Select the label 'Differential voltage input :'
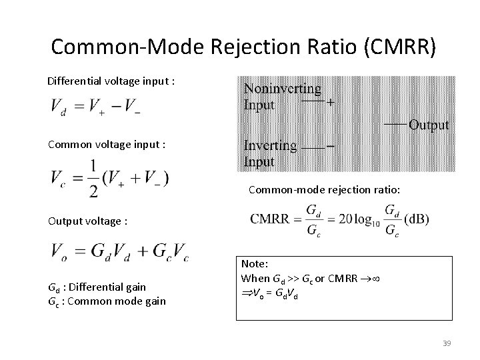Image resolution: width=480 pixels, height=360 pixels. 111,81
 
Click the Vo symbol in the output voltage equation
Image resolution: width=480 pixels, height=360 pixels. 59,252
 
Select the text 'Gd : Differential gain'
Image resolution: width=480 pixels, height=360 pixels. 97,287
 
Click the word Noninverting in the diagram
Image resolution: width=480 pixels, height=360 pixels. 283,89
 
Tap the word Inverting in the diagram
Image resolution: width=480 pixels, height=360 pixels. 270,146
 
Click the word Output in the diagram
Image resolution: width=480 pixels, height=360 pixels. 429,125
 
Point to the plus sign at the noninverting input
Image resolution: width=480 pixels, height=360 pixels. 331,103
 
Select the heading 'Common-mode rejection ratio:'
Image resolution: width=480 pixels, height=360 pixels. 325,191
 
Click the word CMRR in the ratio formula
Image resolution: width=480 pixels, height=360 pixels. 273,220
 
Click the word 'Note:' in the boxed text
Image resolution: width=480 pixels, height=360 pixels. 254,265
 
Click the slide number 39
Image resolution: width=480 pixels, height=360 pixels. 447,343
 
